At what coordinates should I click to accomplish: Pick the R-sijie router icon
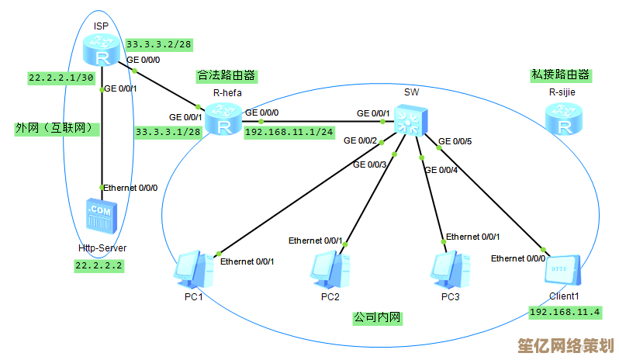click(x=562, y=119)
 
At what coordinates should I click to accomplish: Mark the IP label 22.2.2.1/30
click(x=61, y=78)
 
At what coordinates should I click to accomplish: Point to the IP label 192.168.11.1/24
click(x=289, y=132)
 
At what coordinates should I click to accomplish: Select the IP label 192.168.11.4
click(x=565, y=312)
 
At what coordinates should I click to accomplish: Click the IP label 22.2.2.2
click(x=99, y=265)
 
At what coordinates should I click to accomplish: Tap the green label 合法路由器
click(x=227, y=76)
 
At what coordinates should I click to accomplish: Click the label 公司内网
click(x=378, y=317)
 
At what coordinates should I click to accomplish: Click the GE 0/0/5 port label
click(x=455, y=141)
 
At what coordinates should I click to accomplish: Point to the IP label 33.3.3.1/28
click(x=168, y=132)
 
